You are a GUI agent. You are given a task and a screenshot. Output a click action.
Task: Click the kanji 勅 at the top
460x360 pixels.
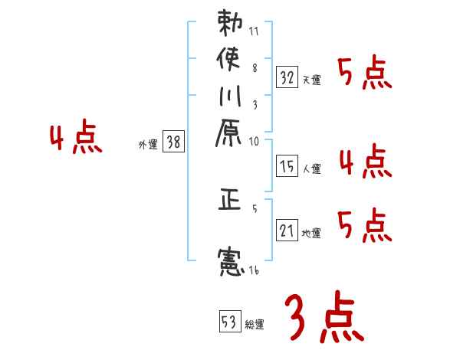tap(229, 23)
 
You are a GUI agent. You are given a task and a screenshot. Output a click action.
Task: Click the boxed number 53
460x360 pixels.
tap(228, 322)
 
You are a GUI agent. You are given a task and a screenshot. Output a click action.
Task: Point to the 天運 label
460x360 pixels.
tap(312, 80)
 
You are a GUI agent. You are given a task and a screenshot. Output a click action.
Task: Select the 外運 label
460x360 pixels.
tap(149, 143)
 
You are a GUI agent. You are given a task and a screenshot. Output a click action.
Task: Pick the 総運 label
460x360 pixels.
tap(255, 325)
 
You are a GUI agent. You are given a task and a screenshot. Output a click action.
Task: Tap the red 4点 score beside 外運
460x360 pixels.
tap(75, 139)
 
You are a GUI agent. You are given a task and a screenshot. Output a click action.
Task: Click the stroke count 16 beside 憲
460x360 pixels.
tap(254, 270)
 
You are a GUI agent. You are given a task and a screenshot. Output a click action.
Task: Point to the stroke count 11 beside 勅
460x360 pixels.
tap(254, 32)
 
